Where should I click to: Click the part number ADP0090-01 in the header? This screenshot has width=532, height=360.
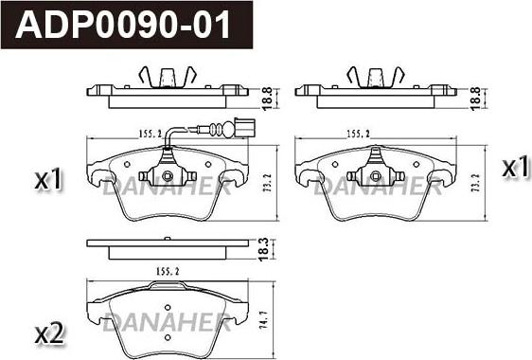click(x=123, y=25)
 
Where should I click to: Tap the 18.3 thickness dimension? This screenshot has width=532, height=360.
click(x=263, y=249)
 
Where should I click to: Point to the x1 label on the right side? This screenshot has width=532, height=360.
click(x=515, y=168)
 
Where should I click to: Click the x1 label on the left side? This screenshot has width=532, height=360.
click(x=49, y=179)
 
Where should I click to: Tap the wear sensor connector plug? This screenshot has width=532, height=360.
click(x=243, y=127)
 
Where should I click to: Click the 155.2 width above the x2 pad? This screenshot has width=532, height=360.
click(x=168, y=271)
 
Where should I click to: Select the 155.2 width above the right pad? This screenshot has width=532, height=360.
click(x=358, y=135)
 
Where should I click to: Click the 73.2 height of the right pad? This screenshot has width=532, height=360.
click(x=475, y=183)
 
